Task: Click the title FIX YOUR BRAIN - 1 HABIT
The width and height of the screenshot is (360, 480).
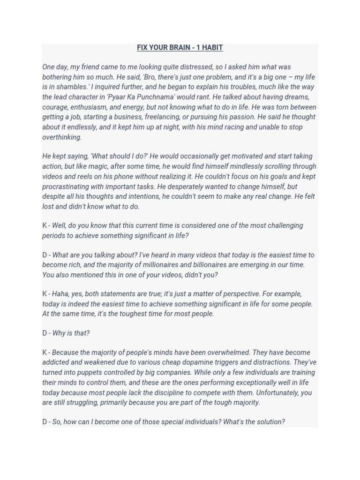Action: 180,47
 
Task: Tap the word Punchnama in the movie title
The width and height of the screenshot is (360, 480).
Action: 158,97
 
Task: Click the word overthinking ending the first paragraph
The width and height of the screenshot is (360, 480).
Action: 62,137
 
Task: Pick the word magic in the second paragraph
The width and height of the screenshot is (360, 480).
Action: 114,166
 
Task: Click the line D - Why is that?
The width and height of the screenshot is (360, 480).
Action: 66,333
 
